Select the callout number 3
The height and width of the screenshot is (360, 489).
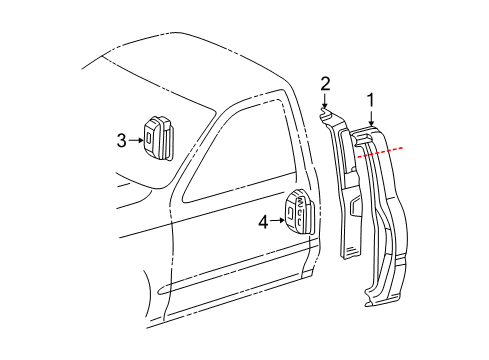tap(121, 141)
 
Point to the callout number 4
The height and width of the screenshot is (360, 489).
tap(263, 222)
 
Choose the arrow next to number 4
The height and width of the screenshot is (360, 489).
tap(277, 222)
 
